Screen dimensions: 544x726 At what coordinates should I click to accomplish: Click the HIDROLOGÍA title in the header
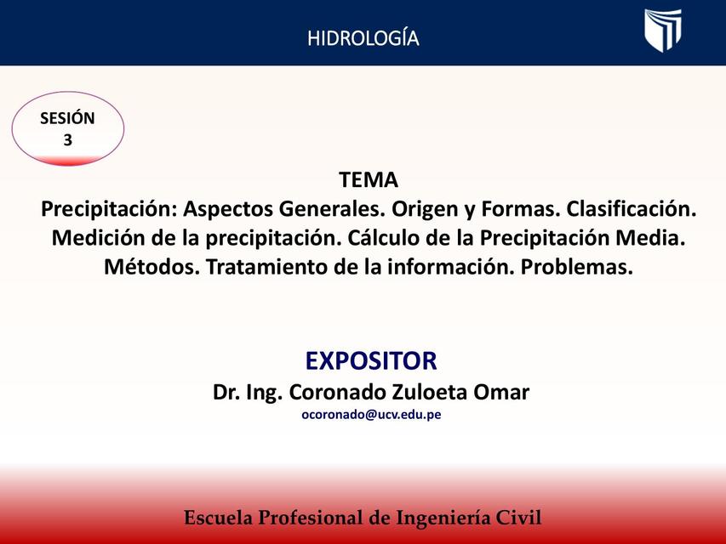363,38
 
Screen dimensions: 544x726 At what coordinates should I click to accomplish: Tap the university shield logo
662,31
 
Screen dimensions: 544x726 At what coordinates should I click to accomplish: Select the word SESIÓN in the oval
67,119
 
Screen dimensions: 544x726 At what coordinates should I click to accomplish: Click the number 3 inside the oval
68,140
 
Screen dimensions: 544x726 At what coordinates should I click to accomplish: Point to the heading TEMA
369,180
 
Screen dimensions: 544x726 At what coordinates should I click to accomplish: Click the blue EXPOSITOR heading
371,360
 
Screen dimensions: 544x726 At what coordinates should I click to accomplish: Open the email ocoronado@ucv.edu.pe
371,416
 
